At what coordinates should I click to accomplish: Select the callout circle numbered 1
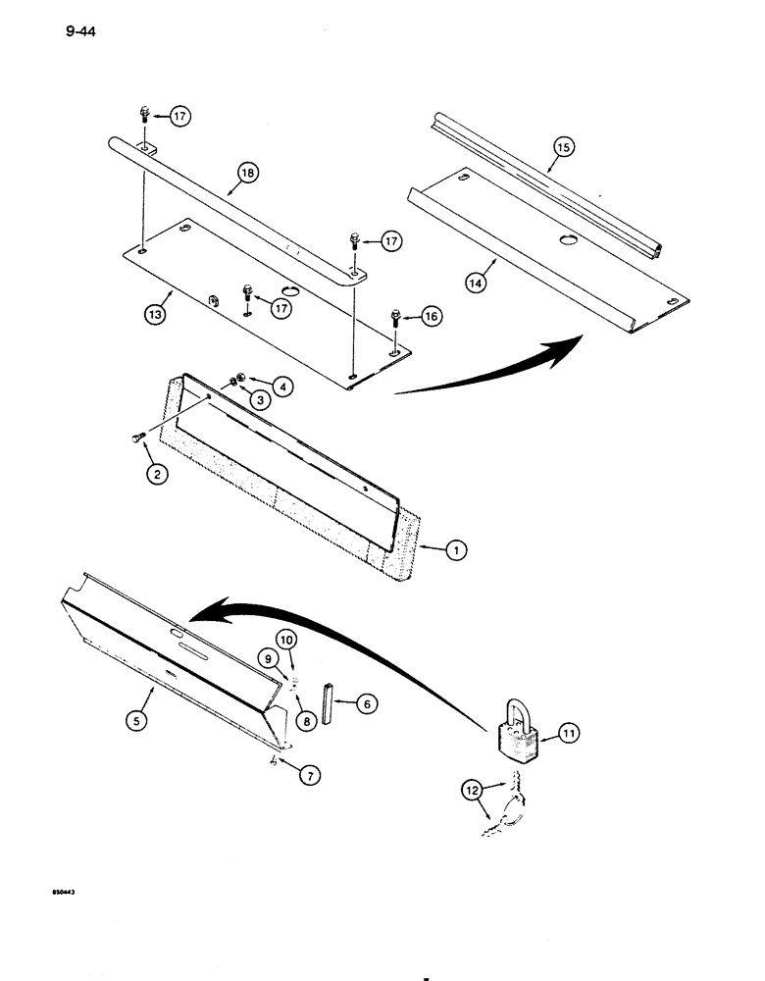click(x=455, y=551)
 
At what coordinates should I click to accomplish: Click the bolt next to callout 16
click(x=395, y=318)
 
